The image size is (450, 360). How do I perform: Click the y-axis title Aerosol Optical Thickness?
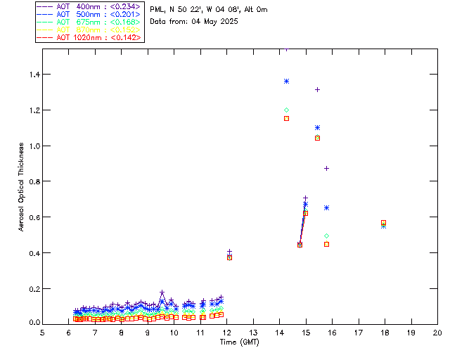[22, 186]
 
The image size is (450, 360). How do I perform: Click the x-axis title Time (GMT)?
[240, 342]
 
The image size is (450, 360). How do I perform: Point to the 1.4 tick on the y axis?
[32, 75]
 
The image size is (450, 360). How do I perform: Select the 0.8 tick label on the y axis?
[32, 181]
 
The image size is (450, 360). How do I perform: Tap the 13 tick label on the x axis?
[253, 332]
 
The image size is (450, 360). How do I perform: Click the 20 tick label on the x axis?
[437, 332]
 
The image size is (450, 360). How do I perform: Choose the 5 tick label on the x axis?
[43, 332]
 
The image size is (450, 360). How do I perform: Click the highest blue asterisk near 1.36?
[286, 81]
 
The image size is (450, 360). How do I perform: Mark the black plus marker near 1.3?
[317, 89]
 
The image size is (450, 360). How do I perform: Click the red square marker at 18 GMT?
[383, 223]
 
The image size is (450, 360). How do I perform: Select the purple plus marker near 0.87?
[326, 168]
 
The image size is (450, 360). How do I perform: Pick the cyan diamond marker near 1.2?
[286, 110]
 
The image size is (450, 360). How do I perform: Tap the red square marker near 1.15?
[286, 118]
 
